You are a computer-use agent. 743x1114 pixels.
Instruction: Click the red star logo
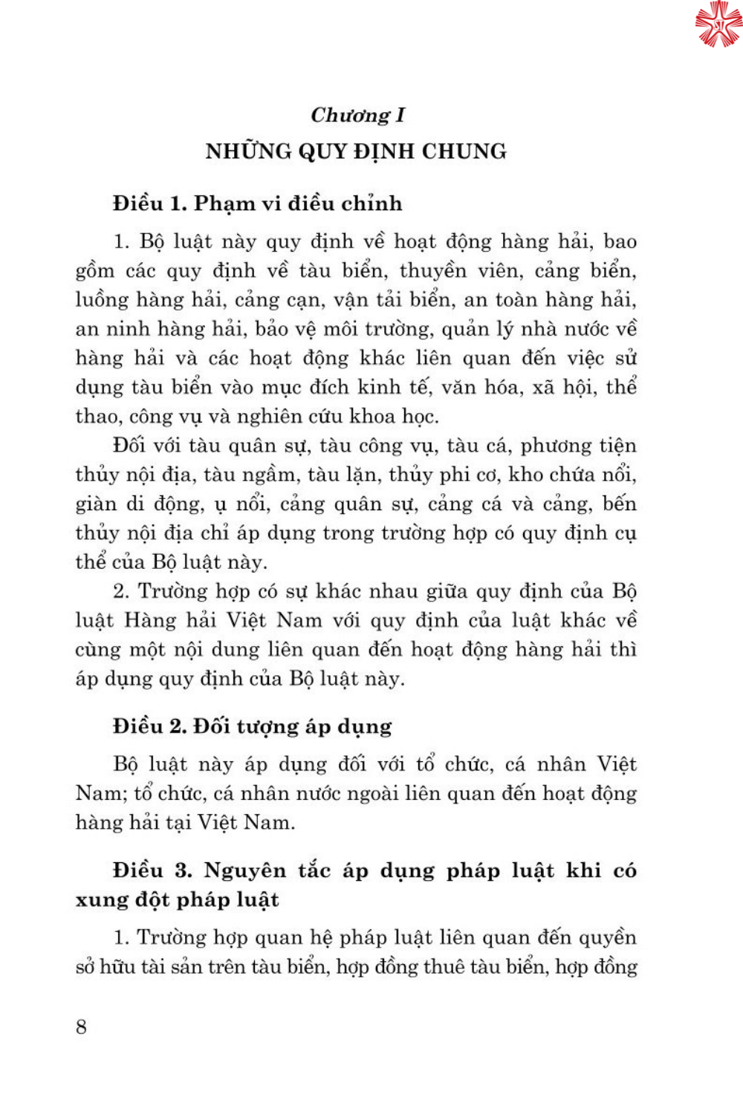click(718, 23)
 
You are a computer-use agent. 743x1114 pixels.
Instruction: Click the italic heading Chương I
click(357, 115)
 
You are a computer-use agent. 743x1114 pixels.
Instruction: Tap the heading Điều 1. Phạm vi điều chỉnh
click(257, 203)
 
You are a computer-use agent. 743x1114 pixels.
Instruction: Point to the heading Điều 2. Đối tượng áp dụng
click(252, 726)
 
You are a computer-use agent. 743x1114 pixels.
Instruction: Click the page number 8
click(81, 1027)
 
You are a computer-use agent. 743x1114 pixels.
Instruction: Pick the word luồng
click(101, 300)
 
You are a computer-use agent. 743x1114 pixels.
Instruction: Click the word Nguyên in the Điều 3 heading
click(245, 870)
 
